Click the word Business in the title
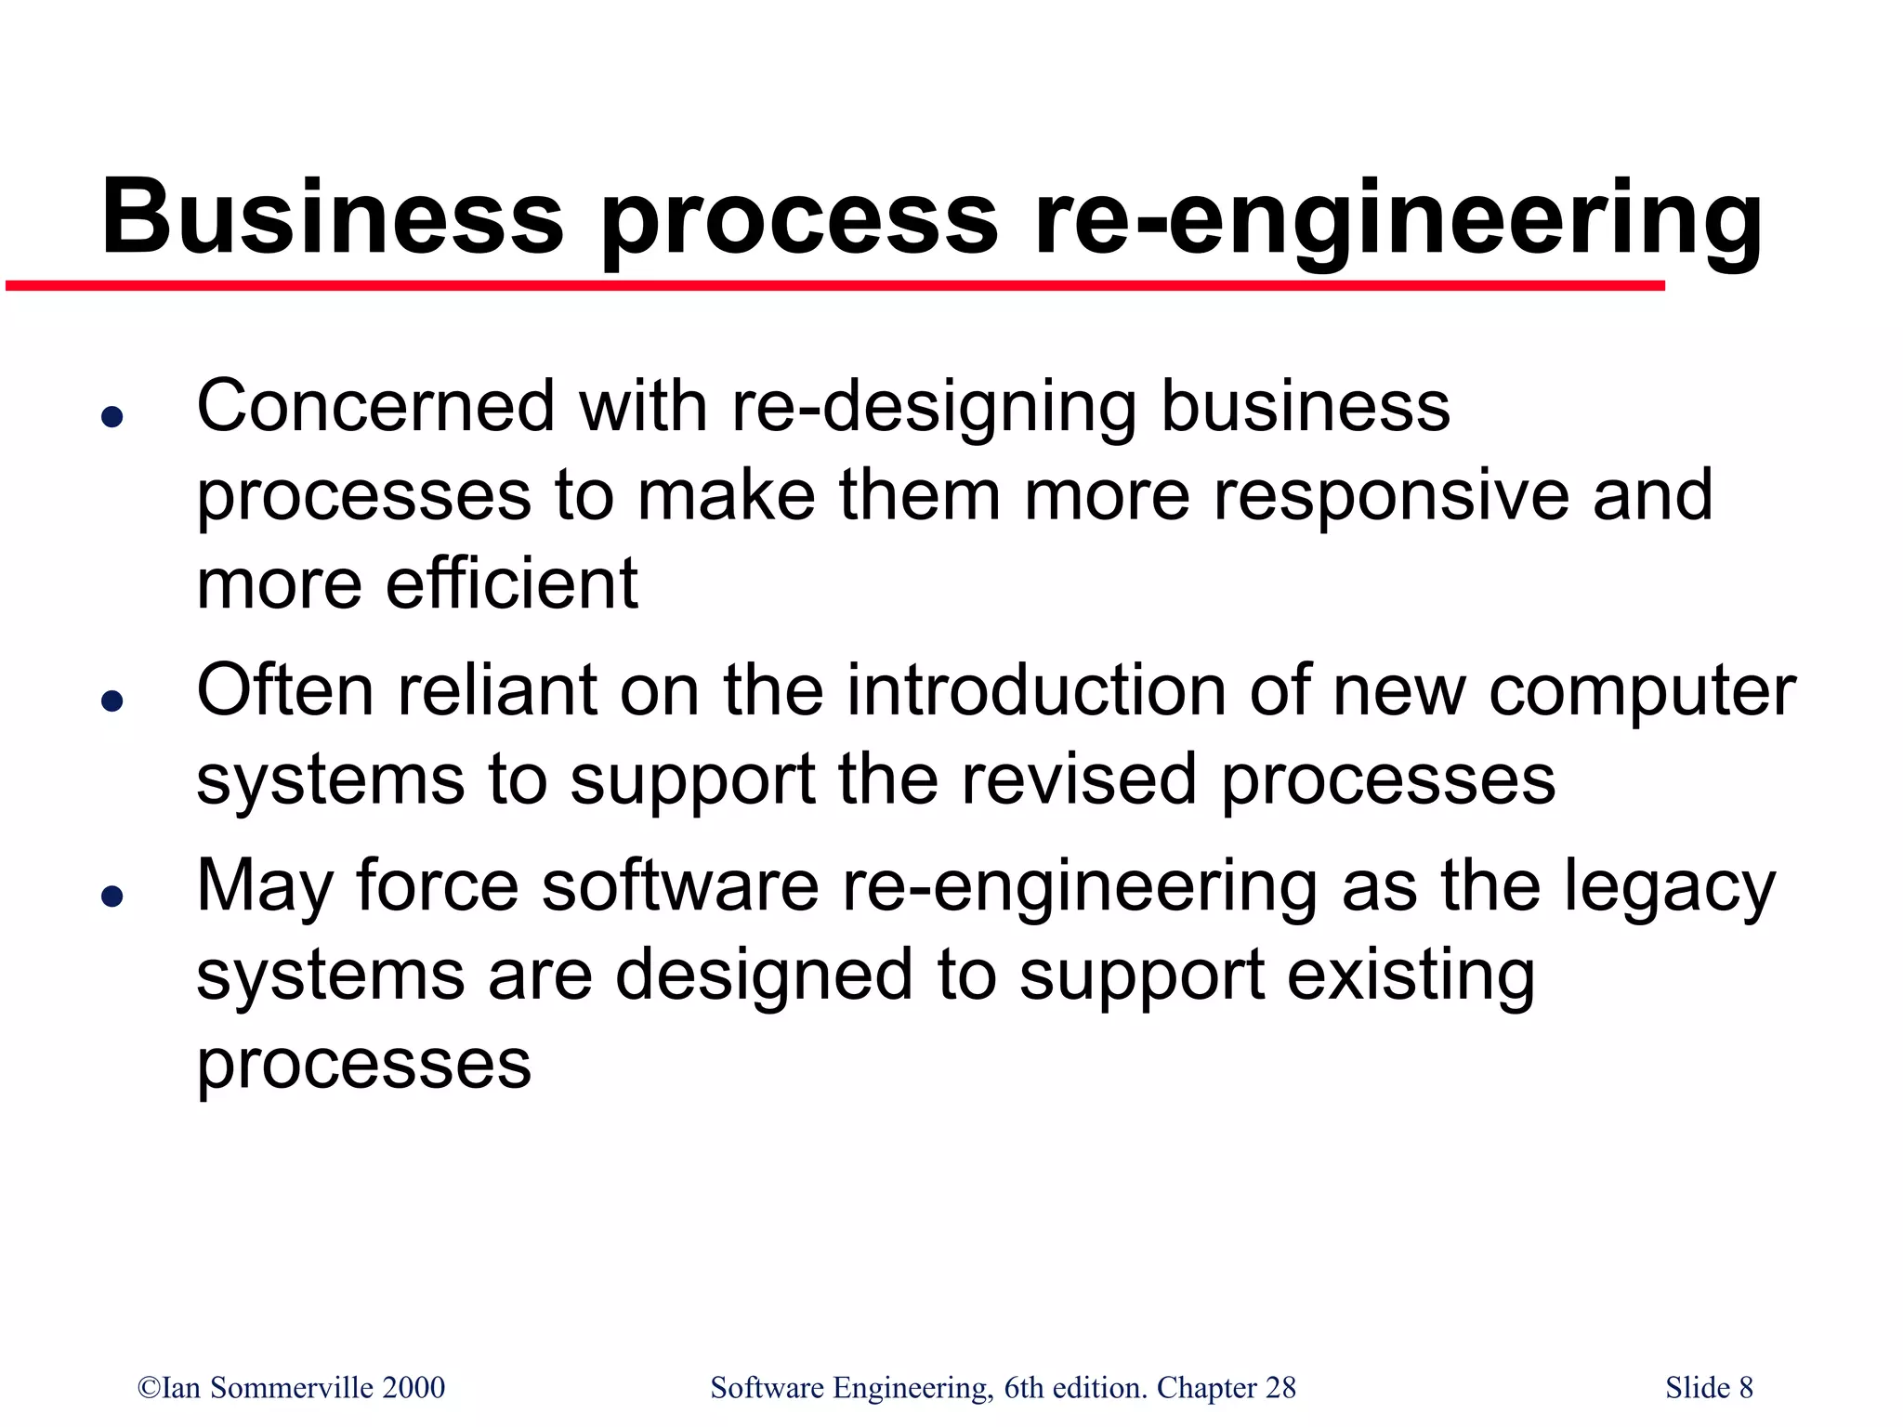click(332, 218)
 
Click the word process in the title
click(800, 218)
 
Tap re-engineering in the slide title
click(1398, 218)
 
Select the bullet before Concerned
click(112, 417)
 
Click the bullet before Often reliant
click(112, 700)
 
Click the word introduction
click(1035, 691)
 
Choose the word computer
click(1642, 693)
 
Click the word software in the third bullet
click(680, 886)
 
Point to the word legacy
click(1669, 888)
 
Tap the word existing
click(1411, 975)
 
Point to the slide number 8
click(1746, 1387)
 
